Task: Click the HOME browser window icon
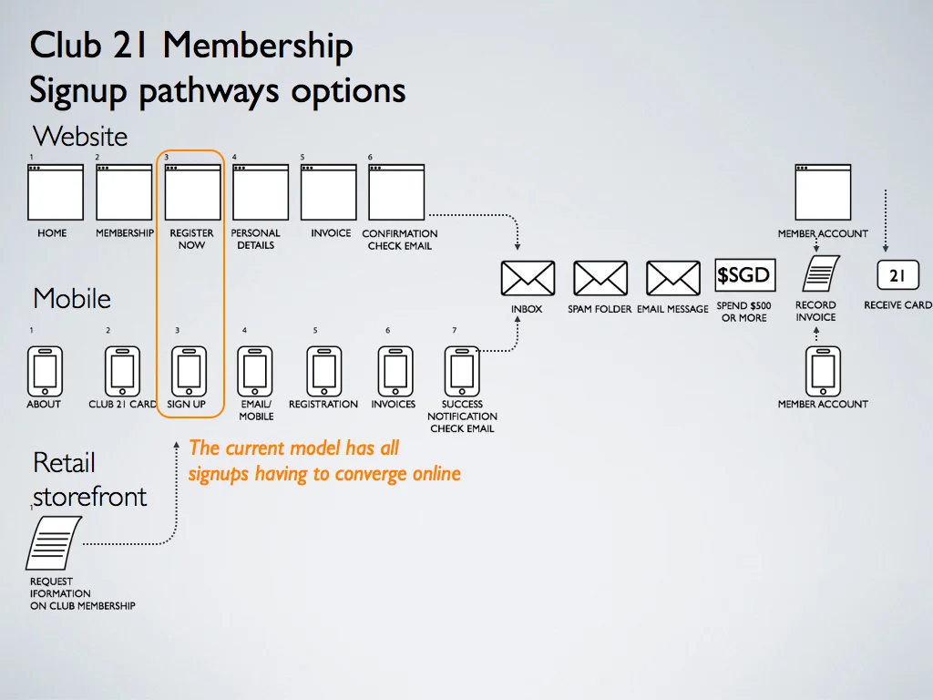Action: pos(55,192)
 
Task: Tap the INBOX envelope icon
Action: pos(528,278)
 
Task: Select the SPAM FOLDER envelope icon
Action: pos(600,278)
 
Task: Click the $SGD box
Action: pos(744,275)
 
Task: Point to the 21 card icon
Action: pos(897,275)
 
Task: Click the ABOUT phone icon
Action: pos(44,371)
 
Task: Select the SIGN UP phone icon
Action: pos(189,371)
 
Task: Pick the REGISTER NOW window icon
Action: pos(192,192)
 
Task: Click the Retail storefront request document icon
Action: pos(54,543)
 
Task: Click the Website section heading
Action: pos(80,137)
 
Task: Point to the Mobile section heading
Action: pos(72,298)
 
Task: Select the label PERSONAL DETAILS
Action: pos(256,239)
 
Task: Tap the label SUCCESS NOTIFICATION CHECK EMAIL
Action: pos(462,416)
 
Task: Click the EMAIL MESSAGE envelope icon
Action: pos(672,278)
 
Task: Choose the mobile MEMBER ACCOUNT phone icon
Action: pos(823,371)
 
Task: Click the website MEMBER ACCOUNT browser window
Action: pos(823,192)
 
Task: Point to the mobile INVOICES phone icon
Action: pos(395,371)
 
